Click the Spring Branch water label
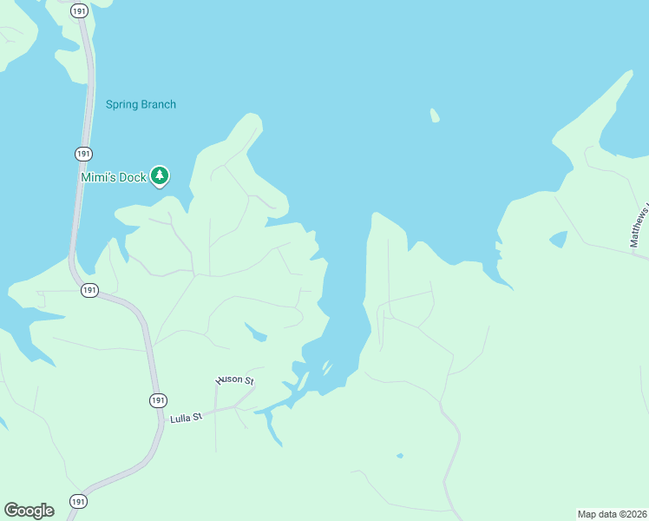pos(141,105)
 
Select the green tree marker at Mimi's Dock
pos(159,175)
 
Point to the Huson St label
pos(234,380)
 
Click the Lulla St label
pos(186,418)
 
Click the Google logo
pos(29,510)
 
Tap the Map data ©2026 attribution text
pos(613,514)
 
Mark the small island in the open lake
pos(434,115)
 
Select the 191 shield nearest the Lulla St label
pos(157,400)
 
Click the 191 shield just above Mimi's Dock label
pos(82,154)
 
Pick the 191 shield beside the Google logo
pos(78,502)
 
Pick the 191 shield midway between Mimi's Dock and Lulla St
pos(89,290)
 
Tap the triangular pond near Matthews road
pos(559,239)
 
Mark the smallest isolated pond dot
pos(399,455)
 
